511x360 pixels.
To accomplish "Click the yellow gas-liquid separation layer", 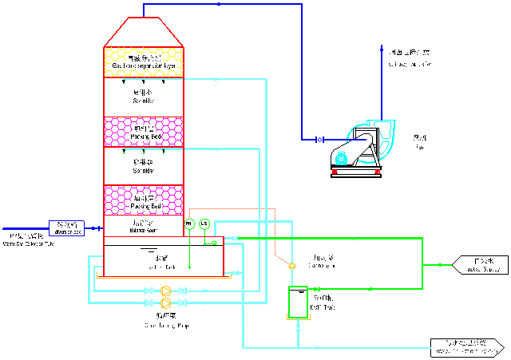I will (x=144, y=61).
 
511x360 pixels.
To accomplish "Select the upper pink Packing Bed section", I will (x=144, y=132).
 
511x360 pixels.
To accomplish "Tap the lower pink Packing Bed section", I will (x=144, y=200).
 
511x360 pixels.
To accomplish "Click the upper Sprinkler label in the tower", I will (x=144, y=97).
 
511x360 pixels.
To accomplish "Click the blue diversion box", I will (x=67, y=227).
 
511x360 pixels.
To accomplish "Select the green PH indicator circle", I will (x=189, y=223).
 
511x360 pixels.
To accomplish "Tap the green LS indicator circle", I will (x=204, y=223).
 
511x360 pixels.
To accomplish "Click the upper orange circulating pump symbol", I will (x=165, y=291).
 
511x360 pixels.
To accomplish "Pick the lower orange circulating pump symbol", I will (x=165, y=303).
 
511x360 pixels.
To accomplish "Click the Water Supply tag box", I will (x=477, y=264).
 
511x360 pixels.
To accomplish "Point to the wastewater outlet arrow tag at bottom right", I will (x=466, y=347).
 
